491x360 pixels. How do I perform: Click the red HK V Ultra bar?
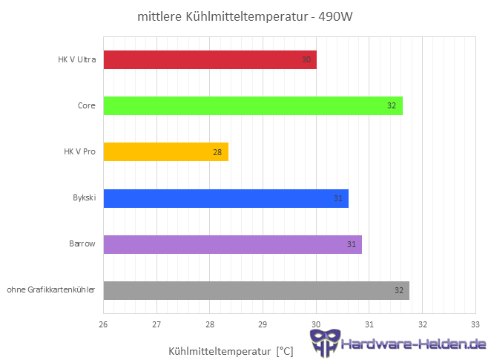pos(210,59)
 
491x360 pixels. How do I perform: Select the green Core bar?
pos(252,105)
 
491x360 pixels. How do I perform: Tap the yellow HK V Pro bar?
pos(165,152)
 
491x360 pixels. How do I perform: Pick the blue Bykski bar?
pos(225,198)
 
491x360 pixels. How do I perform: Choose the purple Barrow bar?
pos(232,244)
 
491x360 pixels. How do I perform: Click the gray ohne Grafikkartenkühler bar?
pos(256,290)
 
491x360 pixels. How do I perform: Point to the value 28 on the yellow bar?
pos(217,152)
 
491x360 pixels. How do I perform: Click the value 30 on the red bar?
pos(306,59)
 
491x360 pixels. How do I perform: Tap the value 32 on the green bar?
pos(392,105)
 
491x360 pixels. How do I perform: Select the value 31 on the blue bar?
pos(337,198)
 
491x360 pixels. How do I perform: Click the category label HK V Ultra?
pos(76,59)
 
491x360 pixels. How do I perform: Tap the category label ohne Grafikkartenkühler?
pos(51,290)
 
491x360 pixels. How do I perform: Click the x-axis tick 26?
pos(104,324)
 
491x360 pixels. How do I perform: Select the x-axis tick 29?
pos(263,324)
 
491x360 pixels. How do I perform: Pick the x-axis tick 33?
pos(475,324)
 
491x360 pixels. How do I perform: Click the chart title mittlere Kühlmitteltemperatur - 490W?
pos(245,16)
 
